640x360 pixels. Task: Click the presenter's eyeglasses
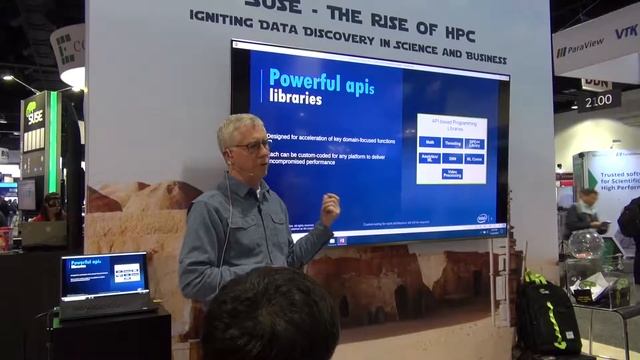(252, 147)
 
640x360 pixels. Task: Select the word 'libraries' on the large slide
(295, 99)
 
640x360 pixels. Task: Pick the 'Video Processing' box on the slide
(451, 174)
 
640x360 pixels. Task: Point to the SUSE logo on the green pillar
(35, 115)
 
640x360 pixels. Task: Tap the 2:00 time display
(598, 101)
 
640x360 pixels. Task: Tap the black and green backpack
(548, 317)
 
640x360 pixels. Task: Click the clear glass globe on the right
(585, 244)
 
